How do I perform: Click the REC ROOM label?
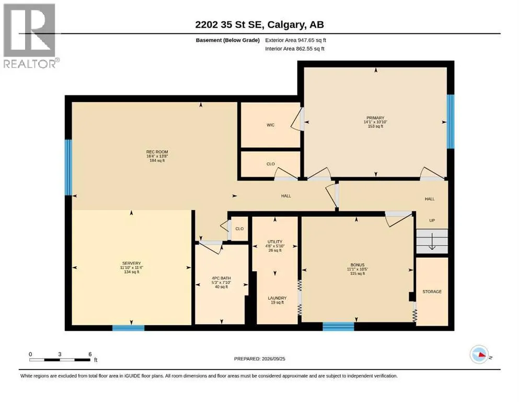(x=157, y=152)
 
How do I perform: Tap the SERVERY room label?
(x=132, y=263)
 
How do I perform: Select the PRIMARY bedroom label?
(x=375, y=118)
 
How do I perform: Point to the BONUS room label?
(x=357, y=265)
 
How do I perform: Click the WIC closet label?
(x=270, y=125)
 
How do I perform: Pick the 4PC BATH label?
(x=222, y=278)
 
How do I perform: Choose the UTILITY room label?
(x=275, y=242)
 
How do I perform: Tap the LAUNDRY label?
(x=278, y=298)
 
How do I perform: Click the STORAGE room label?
(x=432, y=292)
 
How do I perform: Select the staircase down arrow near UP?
(x=432, y=242)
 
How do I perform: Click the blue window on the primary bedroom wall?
(x=451, y=121)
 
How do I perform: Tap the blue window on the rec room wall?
(x=68, y=167)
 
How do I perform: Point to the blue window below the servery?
(x=129, y=328)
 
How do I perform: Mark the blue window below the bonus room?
(x=338, y=327)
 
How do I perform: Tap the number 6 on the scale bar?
(x=90, y=354)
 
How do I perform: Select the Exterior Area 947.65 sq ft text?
(x=296, y=40)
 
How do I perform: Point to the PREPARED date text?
(x=259, y=359)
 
